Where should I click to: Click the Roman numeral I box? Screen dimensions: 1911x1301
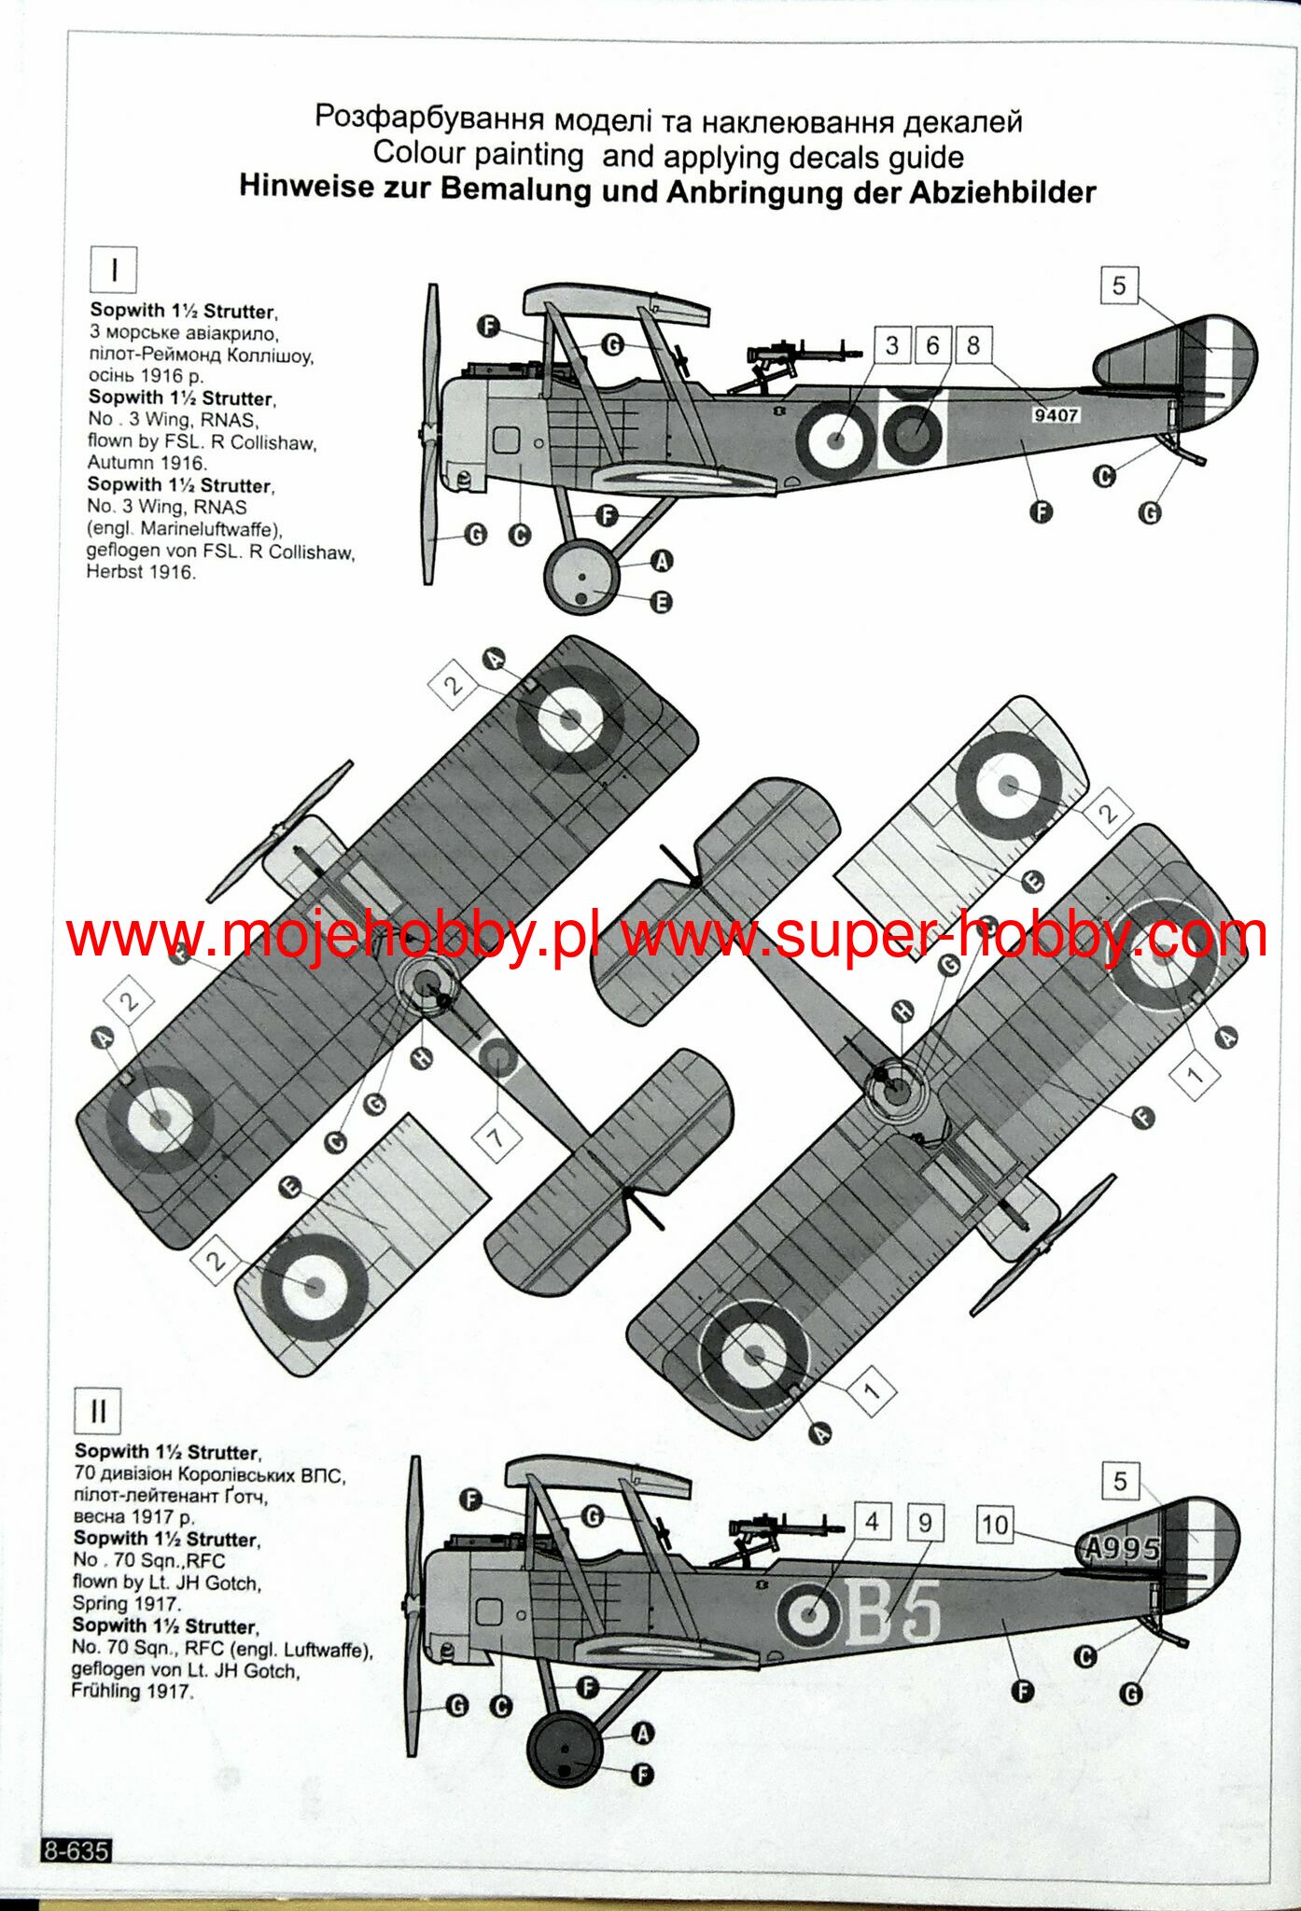coord(113,271)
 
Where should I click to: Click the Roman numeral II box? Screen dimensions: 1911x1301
coord(98,1412)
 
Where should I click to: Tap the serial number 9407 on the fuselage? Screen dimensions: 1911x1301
coord(1056,414)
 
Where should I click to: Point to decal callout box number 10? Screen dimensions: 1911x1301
coord(995,1525)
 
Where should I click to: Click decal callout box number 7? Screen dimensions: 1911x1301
coord(497,1137)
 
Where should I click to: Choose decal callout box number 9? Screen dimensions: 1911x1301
coord(925,1523)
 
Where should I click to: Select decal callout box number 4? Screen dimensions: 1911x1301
coord(872,1523)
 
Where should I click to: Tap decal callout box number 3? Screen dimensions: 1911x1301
coord(892,345)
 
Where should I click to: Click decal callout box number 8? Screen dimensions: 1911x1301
coord(972,345)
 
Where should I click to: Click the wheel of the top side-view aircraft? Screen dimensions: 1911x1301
coord(581,576)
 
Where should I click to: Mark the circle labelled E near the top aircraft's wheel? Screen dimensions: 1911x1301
coord(661,603)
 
